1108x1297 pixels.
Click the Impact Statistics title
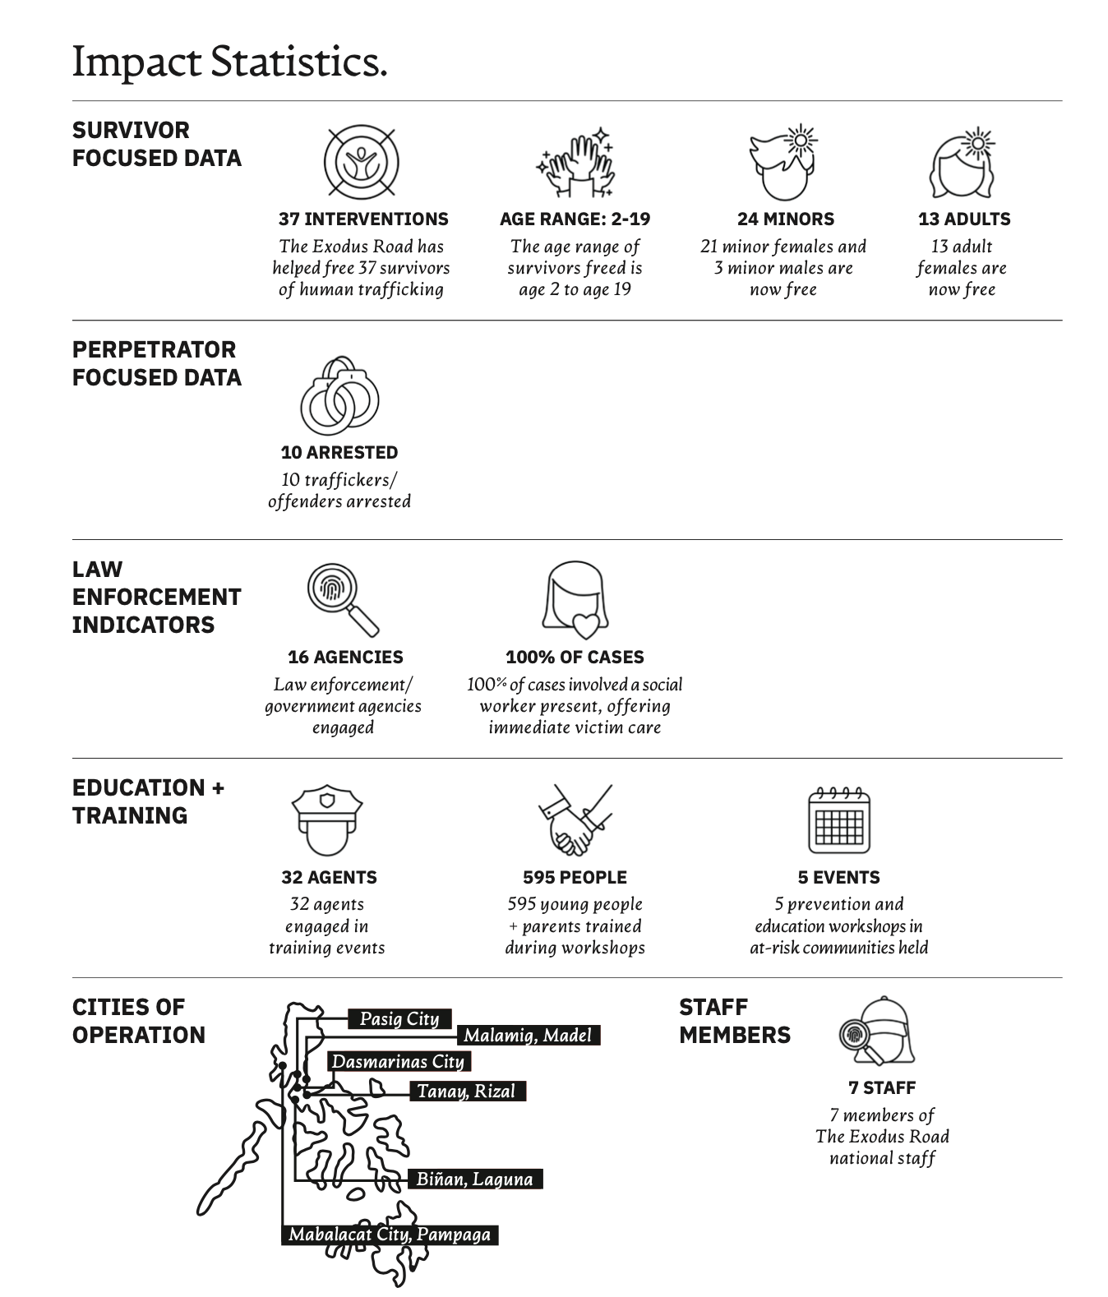[x=229, y=62]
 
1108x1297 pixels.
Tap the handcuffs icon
[x=339, y=395]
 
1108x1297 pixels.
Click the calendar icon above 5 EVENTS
[x=839, y=819]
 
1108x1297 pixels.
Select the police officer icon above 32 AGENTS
[x=327, y=820]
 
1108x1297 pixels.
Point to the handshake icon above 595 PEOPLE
[x=575, y=819]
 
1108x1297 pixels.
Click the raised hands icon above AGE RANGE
[x=575, y=162]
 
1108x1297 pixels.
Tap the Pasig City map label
[x=399, y=1018]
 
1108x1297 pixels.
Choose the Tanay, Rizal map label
[x=467, y=1092]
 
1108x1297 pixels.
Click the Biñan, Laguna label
[x=475, y=1179]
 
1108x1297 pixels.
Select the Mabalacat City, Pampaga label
[x=390, y=1235]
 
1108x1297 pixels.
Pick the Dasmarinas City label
[x=399, y=1061]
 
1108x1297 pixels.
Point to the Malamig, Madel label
[x=529, y=1035]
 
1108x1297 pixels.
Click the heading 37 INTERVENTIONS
[x=363, y=219]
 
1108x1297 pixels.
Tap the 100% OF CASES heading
[x=575, y=657]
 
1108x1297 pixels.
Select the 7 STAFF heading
[x=882, y=1087]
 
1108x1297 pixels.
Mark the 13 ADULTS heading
[x=964, y=219]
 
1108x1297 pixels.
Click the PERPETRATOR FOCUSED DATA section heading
[x=157, y=363]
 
